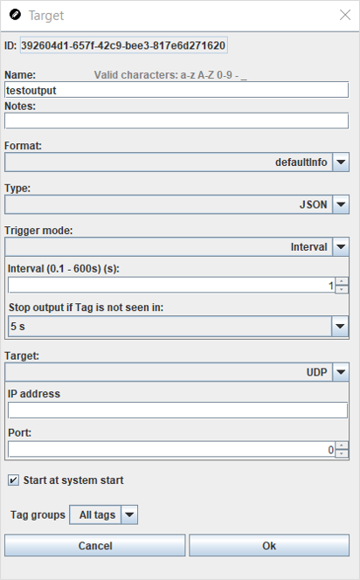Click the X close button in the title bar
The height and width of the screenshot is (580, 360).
coord(345,15)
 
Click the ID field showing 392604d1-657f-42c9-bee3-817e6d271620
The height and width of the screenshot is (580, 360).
coord(123,45)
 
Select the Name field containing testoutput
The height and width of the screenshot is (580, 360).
coord(177,90)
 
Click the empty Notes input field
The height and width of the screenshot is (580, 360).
coord(177,121)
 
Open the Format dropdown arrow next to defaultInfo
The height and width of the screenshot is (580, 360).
coord(341,162)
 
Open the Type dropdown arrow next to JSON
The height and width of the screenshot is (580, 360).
coord(341,204)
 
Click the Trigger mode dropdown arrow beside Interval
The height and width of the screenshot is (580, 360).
coord(341,246)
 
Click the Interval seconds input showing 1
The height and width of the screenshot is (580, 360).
coord(171,285)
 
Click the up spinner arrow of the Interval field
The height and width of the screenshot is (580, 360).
coord(342,281)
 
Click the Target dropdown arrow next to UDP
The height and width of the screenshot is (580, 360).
coord(341,372)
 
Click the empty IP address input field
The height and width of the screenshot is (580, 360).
coord(177,411)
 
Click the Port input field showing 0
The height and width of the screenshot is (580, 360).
coord(171,450)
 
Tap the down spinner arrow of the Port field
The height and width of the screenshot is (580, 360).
coord(342,454)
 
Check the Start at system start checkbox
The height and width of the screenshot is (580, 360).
coord(13,480)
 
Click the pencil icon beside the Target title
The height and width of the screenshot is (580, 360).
coord(15,15)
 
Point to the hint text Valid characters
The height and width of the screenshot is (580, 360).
coord(170,75)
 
